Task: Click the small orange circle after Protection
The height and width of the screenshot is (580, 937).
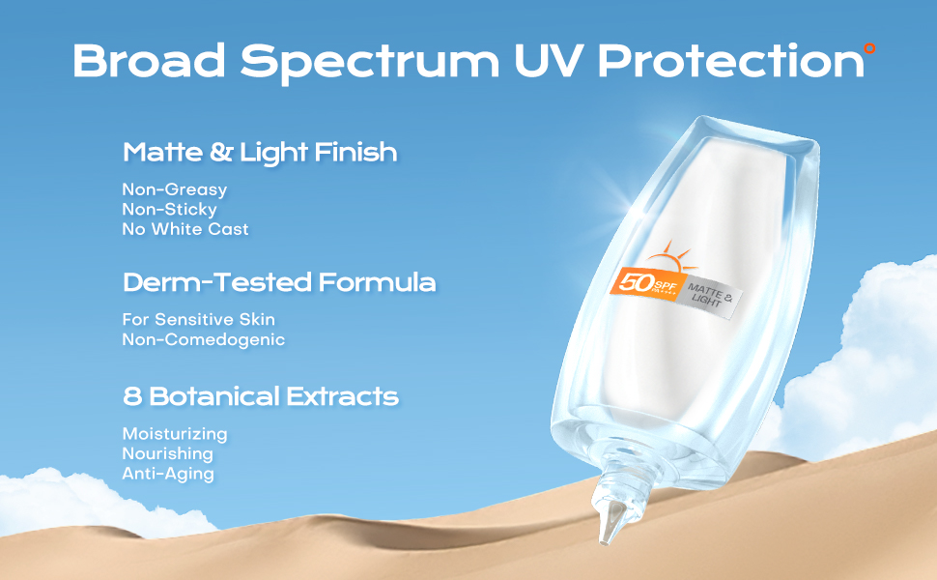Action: point(868,46)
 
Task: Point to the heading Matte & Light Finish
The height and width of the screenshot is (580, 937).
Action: point(260,152)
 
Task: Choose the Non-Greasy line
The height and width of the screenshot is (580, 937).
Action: point(174,189)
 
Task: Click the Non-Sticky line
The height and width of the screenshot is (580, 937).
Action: point(169,209)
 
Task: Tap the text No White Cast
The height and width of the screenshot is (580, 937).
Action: point(185,229)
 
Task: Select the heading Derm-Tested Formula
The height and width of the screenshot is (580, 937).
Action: point(279,282)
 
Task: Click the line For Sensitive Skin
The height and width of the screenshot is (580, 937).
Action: point(198,319)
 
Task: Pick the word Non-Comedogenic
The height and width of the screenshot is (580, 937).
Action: point(203,339)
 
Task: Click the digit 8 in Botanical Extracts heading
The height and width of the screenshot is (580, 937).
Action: point(132,395)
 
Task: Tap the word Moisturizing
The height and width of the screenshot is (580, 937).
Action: point(174,433)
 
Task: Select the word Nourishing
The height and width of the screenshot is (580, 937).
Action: point(167,453)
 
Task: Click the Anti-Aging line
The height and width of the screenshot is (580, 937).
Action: point(167,474)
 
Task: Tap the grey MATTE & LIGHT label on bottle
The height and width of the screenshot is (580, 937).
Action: point(709,295)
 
